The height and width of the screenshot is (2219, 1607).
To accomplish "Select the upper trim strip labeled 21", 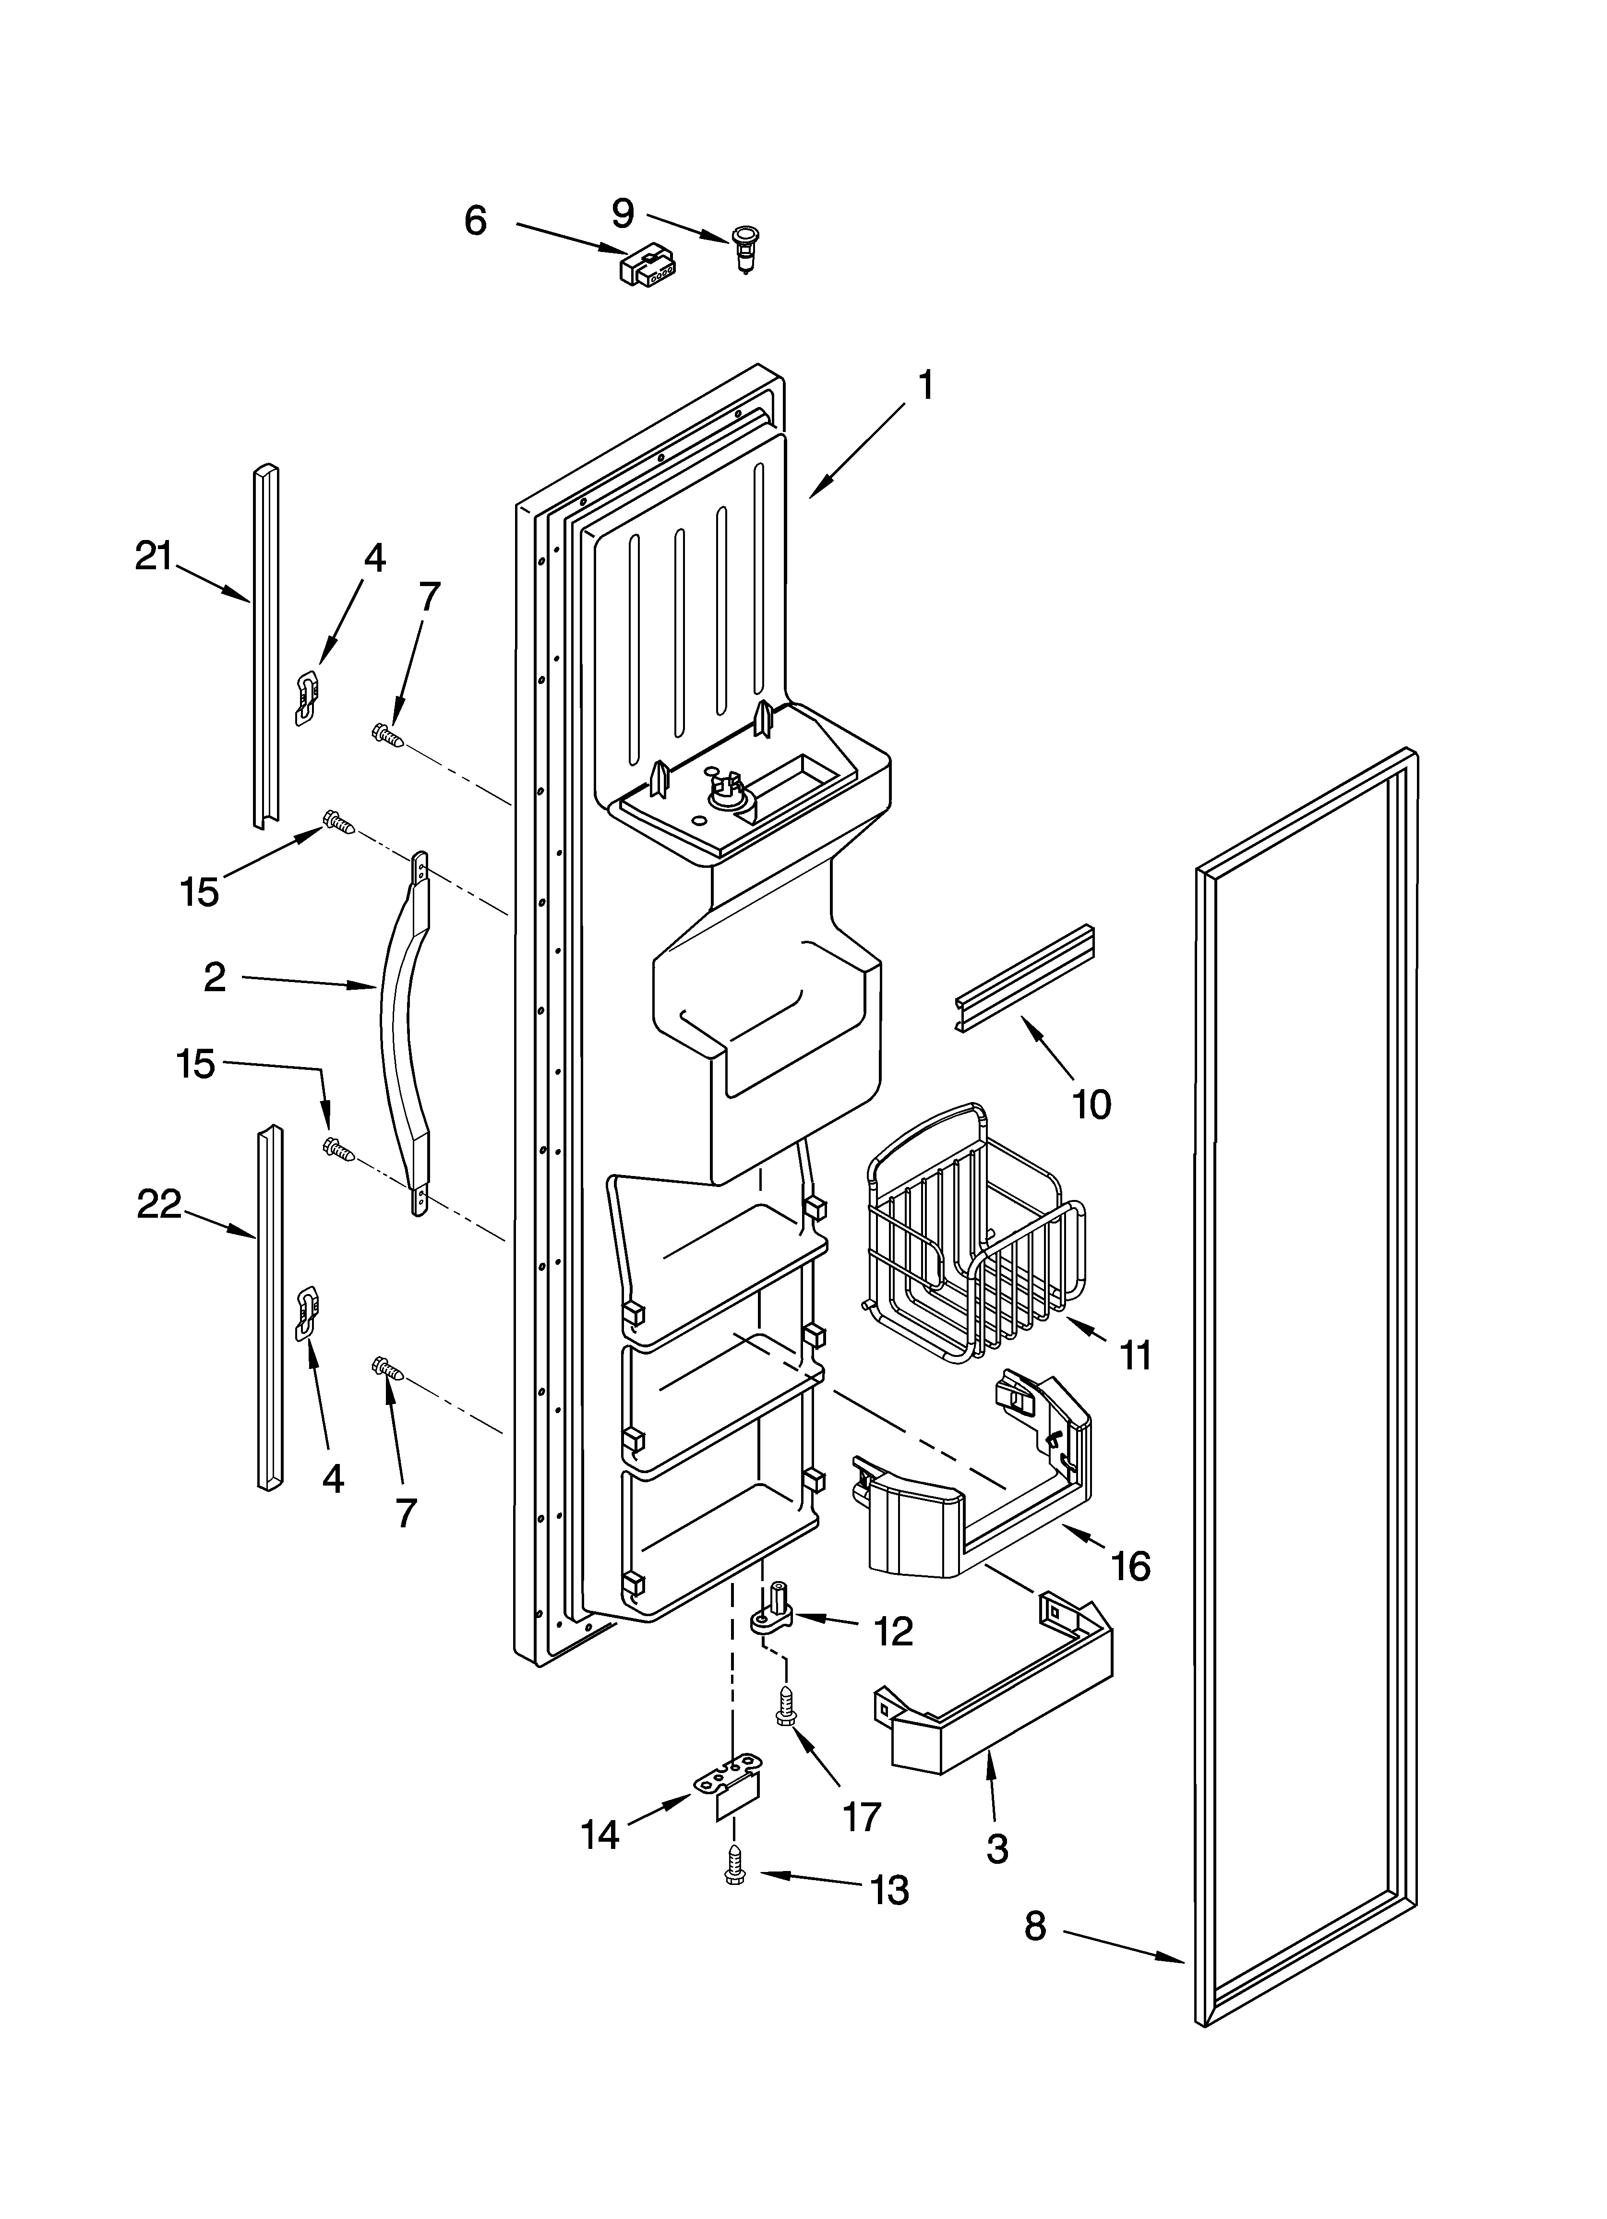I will coord(265,646).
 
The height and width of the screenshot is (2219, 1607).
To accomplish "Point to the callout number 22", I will coord(158,1204).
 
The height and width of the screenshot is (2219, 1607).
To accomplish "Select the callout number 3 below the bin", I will coord(996,1848).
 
